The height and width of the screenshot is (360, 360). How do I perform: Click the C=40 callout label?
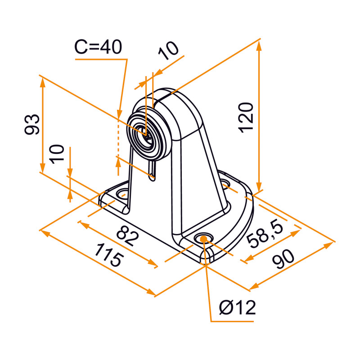(98, 47)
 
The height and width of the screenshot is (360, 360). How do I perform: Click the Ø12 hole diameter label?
(238, 308)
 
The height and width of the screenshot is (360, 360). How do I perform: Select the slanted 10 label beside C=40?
(169, 51)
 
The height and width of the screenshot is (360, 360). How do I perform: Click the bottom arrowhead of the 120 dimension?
(259, 188)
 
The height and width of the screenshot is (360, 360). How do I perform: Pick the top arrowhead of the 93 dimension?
(43, 81)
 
